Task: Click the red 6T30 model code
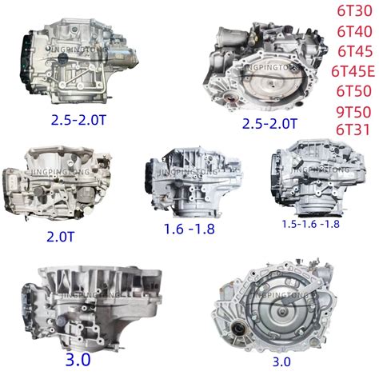pos(354,11)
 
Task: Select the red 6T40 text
pos(354,31)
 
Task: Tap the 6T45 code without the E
pos(355,51)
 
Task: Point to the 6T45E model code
pos(353,71)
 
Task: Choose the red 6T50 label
pos(354,91)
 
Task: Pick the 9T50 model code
pos(353,112)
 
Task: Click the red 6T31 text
pos(353,130)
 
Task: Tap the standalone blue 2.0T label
pos(61,237)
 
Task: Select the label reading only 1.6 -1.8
pos(189,229)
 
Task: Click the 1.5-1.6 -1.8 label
pos(311,224)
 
